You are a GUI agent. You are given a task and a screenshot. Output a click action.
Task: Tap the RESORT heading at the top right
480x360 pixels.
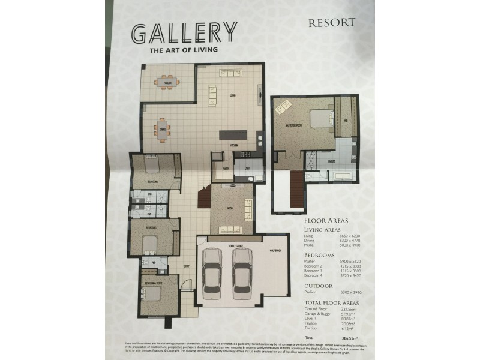(332, 23)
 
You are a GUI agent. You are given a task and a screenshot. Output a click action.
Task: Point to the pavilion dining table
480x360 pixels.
(164, 82)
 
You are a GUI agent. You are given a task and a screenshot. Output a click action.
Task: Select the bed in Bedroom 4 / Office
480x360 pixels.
(154, 294)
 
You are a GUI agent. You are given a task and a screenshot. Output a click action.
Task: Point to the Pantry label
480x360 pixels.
(226, 169)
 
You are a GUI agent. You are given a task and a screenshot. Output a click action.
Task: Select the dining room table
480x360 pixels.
(162, 127)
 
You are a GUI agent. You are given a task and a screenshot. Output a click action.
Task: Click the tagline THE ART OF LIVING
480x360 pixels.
(175, 50)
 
